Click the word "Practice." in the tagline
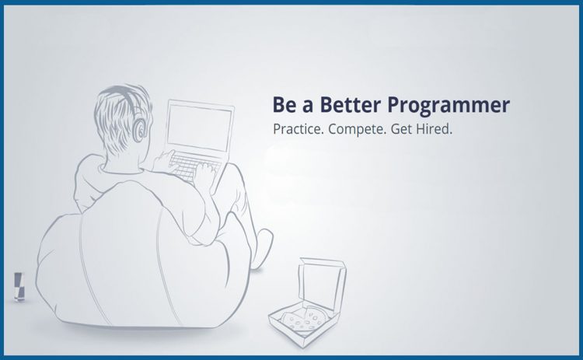click(x=298, y=129)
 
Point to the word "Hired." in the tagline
click(x=433, y=129)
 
